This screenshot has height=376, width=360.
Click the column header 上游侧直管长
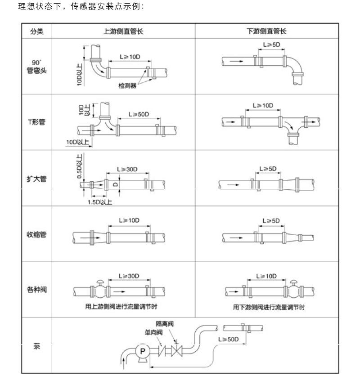(123, 31)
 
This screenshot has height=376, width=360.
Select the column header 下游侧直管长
(266, 31)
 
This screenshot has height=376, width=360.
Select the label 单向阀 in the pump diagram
(153, 333)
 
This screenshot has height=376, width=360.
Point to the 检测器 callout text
(127, 85)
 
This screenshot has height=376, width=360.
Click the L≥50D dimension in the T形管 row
(139, 114)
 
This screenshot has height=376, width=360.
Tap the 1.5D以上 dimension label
(99, 202)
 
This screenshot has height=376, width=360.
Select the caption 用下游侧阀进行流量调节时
(269, 307)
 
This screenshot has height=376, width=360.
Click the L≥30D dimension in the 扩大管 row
(127, 169)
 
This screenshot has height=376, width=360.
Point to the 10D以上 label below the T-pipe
(77, 142)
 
